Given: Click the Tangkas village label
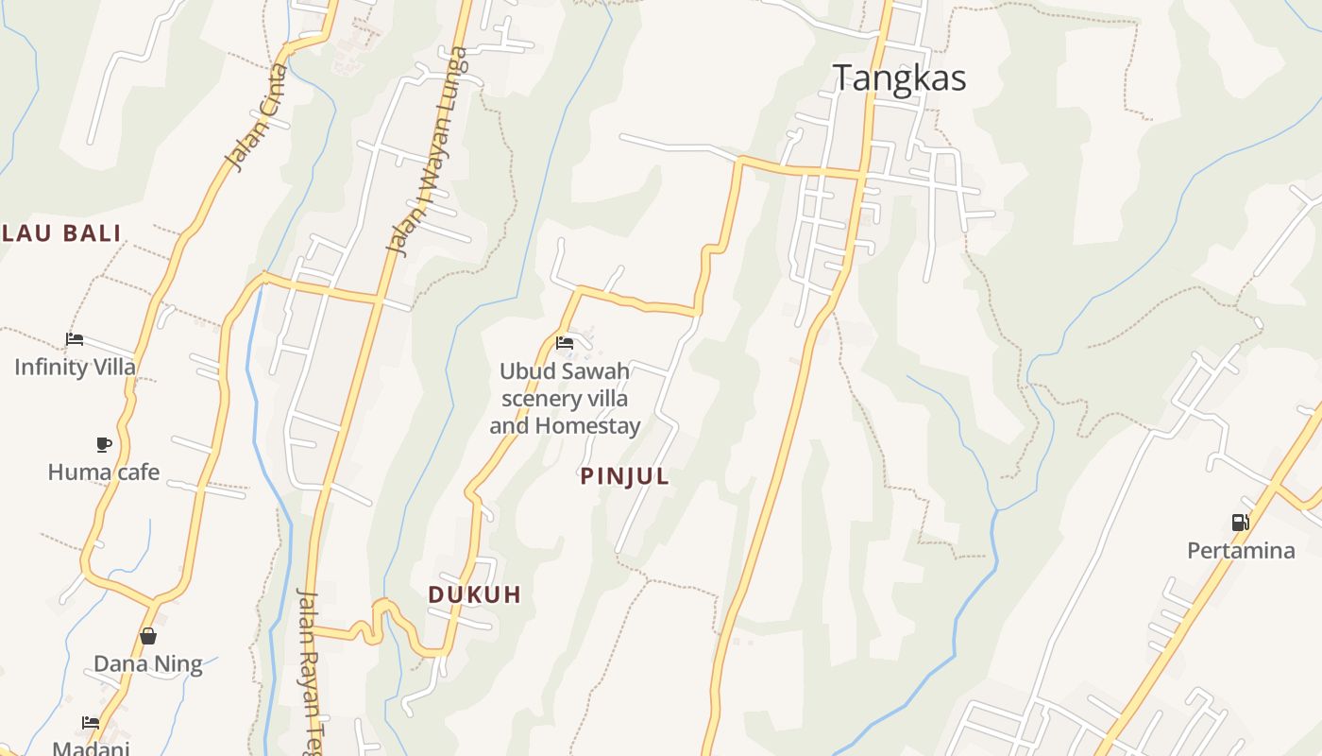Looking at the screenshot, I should tap(899, 77).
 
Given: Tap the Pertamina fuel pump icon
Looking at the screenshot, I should tap(1240, 522).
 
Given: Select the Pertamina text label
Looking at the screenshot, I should tap(1241, 550).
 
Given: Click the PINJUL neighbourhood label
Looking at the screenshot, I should tap(624, 477).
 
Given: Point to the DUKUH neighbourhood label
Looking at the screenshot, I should tap(474, 594).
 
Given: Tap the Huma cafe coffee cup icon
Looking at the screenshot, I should tap(104, 444).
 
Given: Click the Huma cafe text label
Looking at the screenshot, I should tap(104, 472).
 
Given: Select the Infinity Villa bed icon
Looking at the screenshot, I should tap(75, 339).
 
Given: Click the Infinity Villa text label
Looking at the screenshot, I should tap(75, 367).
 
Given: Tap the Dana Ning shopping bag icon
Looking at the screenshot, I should tap(148, 636).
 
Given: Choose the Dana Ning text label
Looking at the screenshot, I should tap(148, 664).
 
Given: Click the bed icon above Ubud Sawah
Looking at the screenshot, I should tap(565, 343).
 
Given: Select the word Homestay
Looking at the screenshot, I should tap(587, 426).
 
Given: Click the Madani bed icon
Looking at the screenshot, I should tap(91, 723).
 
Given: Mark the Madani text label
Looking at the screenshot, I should tap(91, 748).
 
